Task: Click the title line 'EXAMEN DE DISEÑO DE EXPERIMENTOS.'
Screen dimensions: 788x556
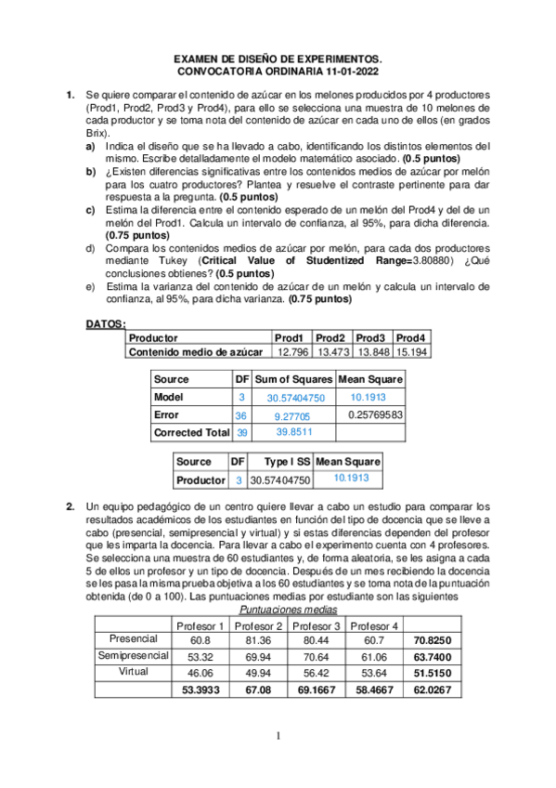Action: click(x=278, y=58)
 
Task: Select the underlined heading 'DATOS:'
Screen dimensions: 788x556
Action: click(x=106, y=324)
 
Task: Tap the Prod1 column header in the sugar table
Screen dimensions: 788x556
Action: click(x=290, y=338)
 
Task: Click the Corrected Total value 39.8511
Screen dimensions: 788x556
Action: click(x=294, y=432)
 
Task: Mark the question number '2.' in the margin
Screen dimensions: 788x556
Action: click(x=71, y=506)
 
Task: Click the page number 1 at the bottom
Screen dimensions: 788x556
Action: click(x=278, y=737)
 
